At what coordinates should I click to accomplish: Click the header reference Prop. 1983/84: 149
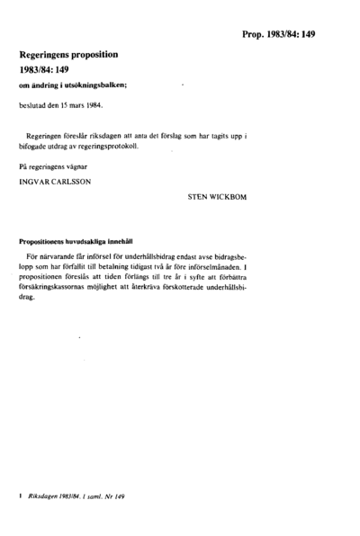point(278,34)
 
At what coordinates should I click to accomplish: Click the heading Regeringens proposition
point(69,54)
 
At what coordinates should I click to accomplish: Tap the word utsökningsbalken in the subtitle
point(99,85)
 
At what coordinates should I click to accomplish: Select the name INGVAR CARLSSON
point(54,181)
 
